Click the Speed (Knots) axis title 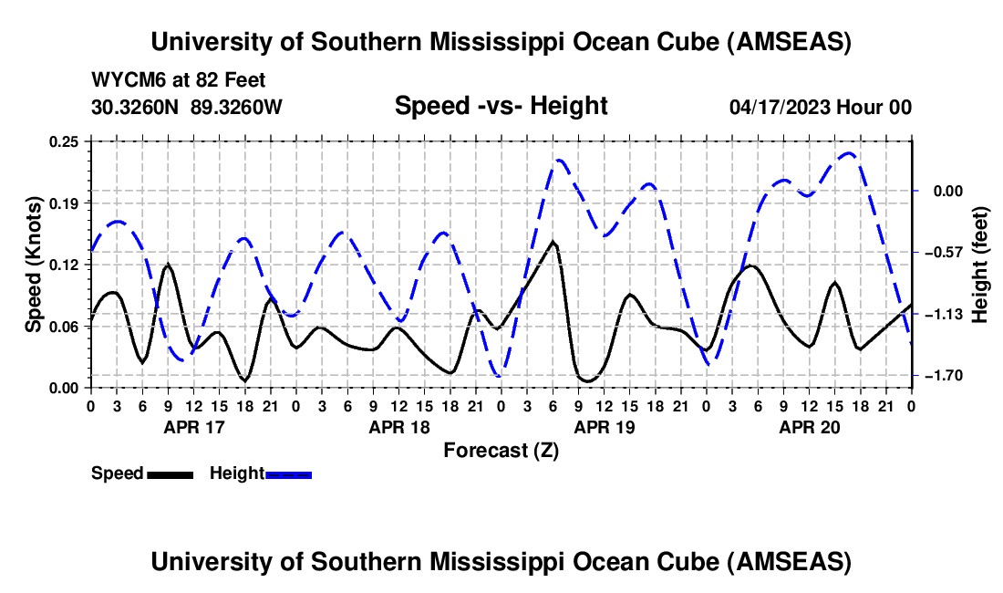(x=34, y=265)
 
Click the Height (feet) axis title (x=980, y=265)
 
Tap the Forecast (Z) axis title (x=501, y=450)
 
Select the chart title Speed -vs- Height (x=501, y=106)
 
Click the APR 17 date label (x=192, y=426)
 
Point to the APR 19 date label (x=603, y=426)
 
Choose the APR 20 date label (x=808, y=426)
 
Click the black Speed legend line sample (x=170, y=474)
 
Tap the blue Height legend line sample (x=289, y=474)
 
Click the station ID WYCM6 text (x=124, y=80)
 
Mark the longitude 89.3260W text (x=236, y=107)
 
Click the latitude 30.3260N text (x=137, y=107)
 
